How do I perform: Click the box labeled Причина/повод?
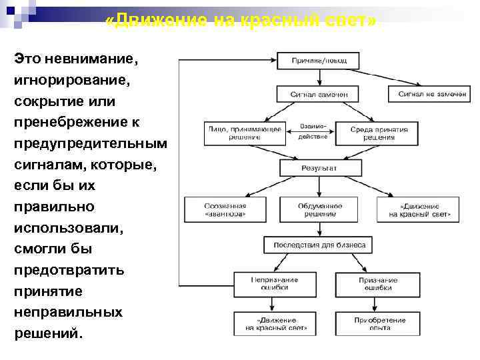[319, 61]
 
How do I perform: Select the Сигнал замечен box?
[319, 95]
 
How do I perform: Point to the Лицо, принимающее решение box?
[245, 133]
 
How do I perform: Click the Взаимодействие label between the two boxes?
[312, 131]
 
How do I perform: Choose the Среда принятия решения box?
[379, 133]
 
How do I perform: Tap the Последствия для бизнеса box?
[319, 245]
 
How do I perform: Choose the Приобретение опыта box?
[379, 323]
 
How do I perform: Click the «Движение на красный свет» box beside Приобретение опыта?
[274, 323]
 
